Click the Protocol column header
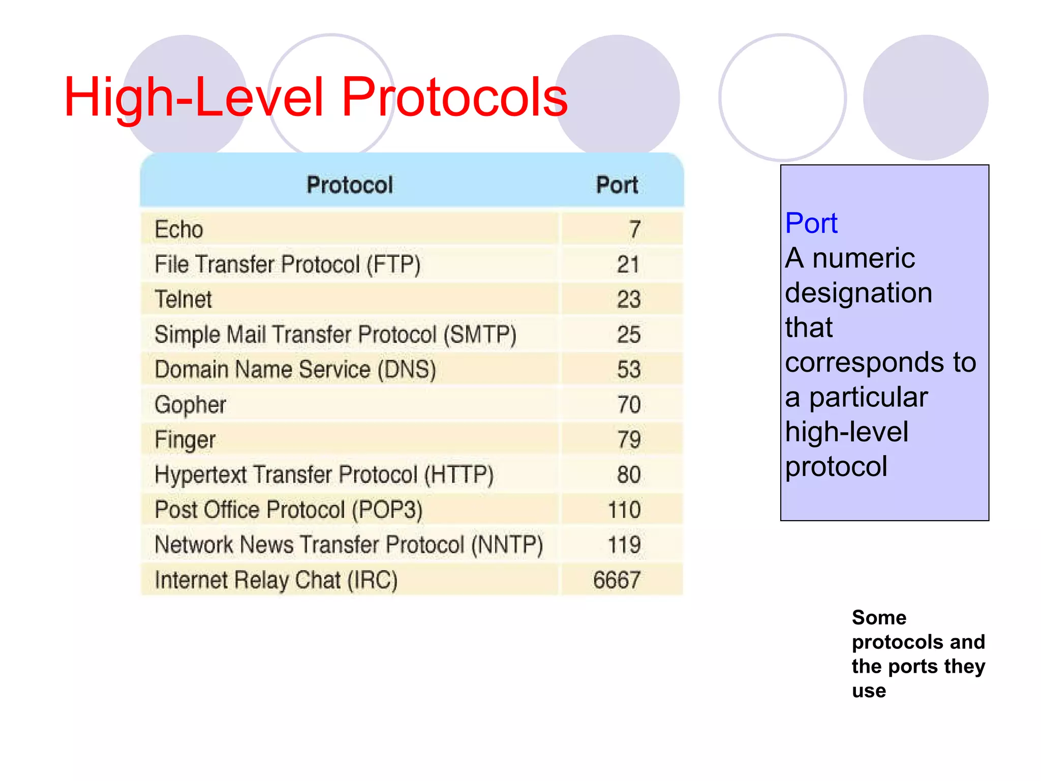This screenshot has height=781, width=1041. click(350, 185)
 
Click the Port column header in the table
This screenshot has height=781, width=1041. click(617, 185)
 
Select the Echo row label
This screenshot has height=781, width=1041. click(179, 229)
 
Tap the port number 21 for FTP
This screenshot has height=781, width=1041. click(628, 264)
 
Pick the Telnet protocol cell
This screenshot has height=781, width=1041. click(183, 299)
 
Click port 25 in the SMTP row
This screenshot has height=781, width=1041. click(628, 335)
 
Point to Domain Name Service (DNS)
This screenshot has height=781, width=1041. click(295, 370)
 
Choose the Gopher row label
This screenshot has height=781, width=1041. click(190, 405)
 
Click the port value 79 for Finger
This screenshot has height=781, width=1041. click(629, 440)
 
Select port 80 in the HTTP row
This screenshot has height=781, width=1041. click(629, 475)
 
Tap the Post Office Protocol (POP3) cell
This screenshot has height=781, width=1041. click(288, 510)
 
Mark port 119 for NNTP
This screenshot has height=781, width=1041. click(624, 545)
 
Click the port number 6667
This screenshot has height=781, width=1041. click(617, 580)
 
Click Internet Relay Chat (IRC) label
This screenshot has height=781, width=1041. click(276, 580)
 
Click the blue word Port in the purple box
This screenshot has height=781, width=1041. click(811, 223)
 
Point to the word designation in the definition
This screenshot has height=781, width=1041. click(859, 293)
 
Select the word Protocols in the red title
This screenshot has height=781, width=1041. click(454, 97)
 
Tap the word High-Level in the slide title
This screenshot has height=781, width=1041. click(194, 97)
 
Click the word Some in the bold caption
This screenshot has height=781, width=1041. click(879, 617)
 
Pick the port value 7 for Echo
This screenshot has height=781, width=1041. click(634, 229)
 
